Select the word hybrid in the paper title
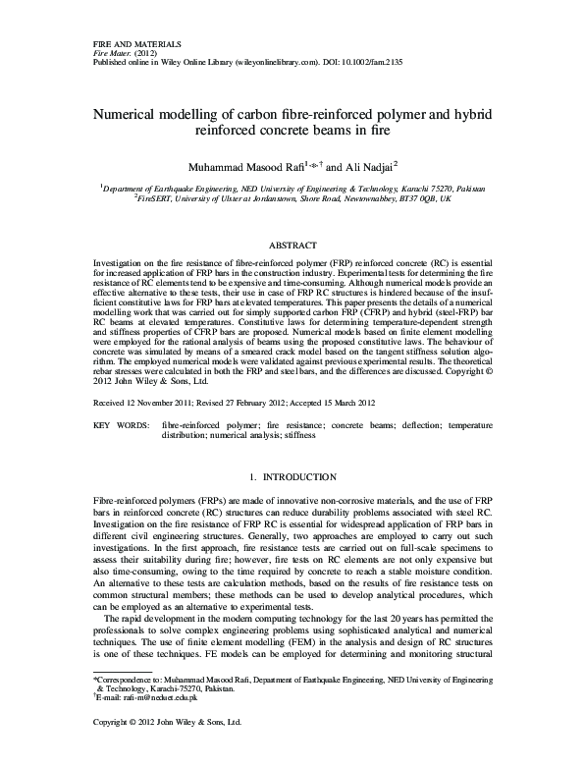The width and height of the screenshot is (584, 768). point(473,115)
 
